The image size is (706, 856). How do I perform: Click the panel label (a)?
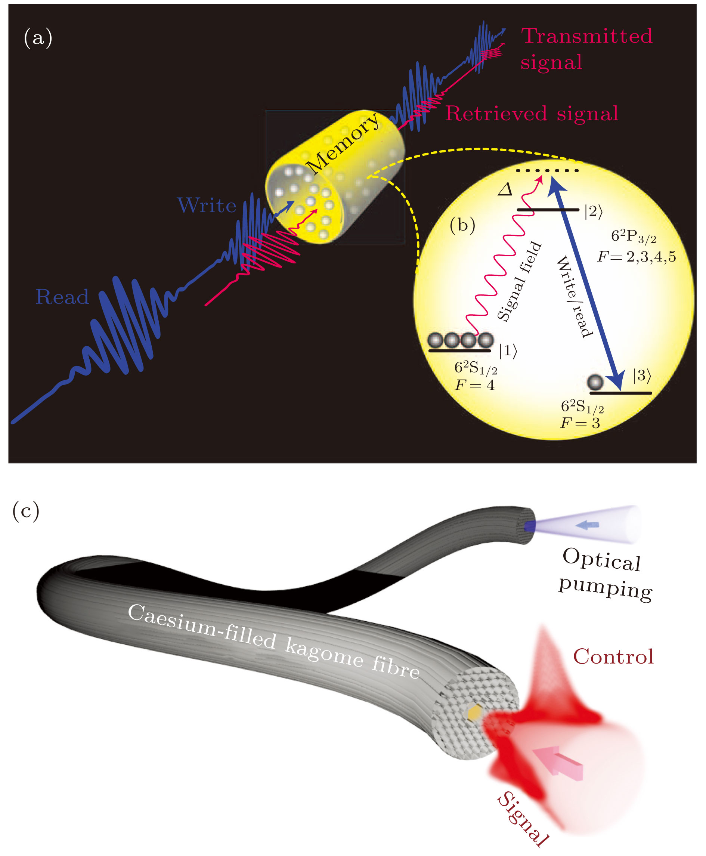click(x=38, y=38)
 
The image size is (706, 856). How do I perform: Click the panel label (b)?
click(x=462, y=225)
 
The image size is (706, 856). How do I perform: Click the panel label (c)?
click(x=26, y=510)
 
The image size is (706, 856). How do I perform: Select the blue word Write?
click(x=207, y=205)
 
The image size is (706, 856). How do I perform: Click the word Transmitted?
click(x=587, y=36)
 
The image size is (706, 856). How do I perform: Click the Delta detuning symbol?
click(x=505, y=189)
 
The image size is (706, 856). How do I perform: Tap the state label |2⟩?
click(x=593, y=211)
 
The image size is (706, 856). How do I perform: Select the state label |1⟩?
click(x=508, y=350)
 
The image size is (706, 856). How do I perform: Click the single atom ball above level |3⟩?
click(x=595, y=381)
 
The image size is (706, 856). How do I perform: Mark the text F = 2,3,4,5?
click(x=637, y=257)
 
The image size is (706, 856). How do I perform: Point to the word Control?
click(x=613, y=656)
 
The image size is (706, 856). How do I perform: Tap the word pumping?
click(x=605, y=588)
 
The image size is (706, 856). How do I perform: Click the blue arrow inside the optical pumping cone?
click(x=587, y=525)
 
